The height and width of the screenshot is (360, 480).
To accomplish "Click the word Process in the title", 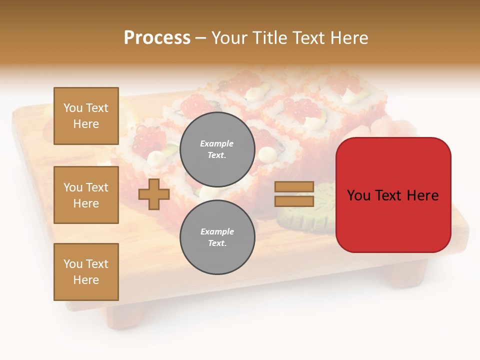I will point(157,38).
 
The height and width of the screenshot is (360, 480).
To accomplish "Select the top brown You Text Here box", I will point(86,116).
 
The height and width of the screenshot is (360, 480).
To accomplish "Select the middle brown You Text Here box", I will point(86,195).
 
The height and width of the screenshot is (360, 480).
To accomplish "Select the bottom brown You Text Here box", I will point(86,271).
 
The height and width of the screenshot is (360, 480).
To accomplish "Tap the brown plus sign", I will point(153,194).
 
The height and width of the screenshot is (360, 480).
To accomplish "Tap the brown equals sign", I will point(294,194).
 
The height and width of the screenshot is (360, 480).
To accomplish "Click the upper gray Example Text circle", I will point(217,149).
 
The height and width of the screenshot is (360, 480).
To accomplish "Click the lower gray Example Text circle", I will point(217,237).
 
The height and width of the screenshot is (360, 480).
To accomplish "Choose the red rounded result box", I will point(393,195).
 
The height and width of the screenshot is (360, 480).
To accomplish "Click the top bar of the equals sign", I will point(294,187).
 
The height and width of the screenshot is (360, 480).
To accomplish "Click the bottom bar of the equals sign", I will point(294,201).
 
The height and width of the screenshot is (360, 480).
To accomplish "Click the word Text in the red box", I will point(392,195).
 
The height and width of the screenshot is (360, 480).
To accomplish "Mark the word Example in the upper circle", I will point(216,143).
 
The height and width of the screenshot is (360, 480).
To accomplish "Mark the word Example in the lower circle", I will point(217,231).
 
